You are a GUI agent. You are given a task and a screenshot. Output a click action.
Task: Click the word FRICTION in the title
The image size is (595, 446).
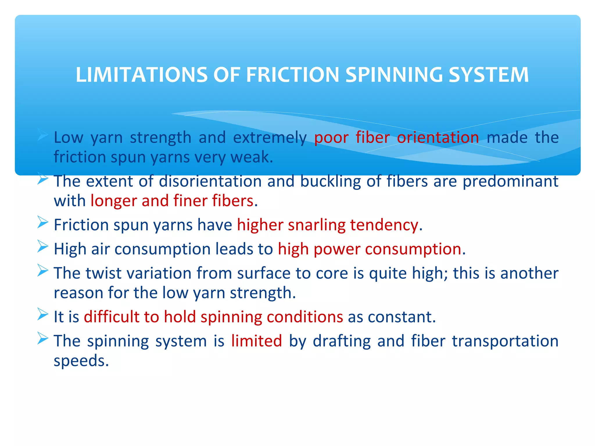coord(293,75)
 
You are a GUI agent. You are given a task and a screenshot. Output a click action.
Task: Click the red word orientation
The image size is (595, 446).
coord(438,137)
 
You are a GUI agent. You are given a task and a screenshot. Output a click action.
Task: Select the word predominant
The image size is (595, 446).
coord(510,182)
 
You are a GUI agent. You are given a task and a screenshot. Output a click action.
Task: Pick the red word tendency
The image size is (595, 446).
coord(384,225)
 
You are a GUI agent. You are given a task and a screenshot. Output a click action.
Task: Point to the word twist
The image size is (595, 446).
coord(103,273)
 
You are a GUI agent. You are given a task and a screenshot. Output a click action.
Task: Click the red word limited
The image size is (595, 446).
coord(256,341)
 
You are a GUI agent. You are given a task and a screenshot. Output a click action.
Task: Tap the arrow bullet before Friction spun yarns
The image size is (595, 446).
coord(43,223)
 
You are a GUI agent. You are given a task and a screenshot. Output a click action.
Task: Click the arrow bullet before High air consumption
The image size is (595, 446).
coord(43,247)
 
